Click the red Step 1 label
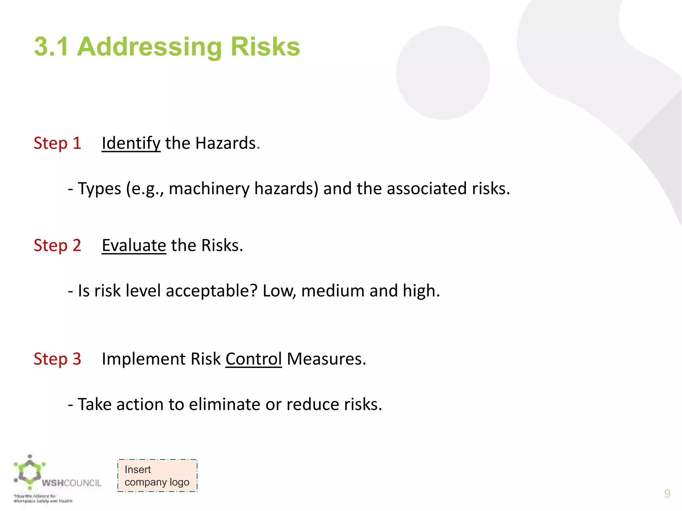tap(57, 143)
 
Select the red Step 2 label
tap(57, 246)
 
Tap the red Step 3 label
tap(57, 359)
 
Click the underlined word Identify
tap(131, 143)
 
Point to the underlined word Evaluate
tap(134, 246)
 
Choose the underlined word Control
tap(253, 359)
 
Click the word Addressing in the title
tap(149, 47)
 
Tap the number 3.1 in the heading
tap(51, 47)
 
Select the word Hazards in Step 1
tap(225, 143)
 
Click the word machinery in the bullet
tap(209, 189)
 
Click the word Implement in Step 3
tap(144, 359)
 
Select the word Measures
tap(326, 359)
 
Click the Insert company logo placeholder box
tap(157, 476)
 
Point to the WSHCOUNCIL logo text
tap(72, 483)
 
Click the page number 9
tap(667, 494)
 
